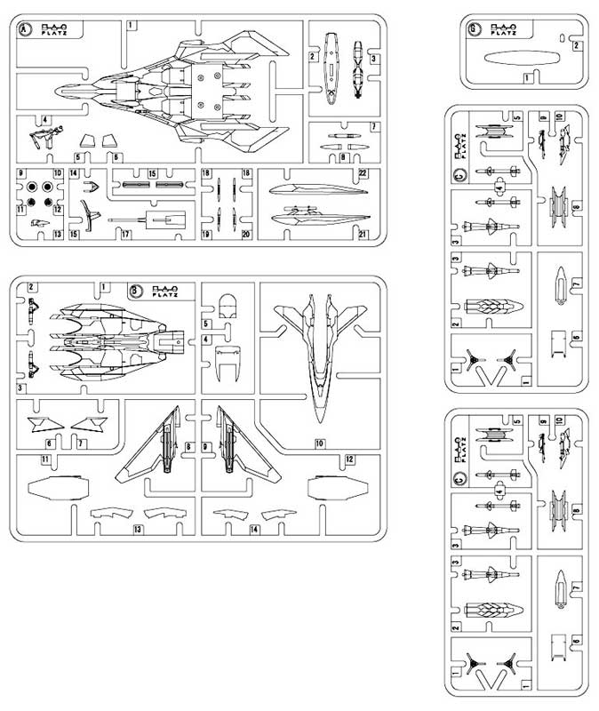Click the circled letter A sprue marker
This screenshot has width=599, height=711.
26,29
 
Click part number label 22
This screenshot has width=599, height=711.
363,172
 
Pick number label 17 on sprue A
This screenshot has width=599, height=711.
127,235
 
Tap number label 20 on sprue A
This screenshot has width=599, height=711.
246,235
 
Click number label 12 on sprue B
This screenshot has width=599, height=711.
349,459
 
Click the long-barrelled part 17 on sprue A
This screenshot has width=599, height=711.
147,218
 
